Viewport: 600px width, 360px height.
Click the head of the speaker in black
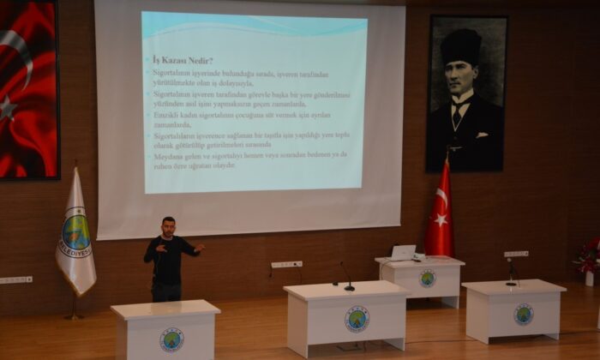[168, 225]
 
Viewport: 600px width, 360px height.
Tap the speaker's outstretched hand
[200, 249]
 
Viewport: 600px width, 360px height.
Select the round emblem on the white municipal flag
[75, 232]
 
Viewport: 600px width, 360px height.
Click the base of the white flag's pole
[74, 316]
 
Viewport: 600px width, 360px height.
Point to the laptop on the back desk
[402, 253]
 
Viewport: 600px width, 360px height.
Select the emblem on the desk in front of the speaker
[171, 340]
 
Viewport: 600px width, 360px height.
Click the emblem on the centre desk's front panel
[357, 320]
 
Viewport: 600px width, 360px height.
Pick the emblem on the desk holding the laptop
[427, 279]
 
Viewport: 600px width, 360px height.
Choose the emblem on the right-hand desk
[523, 315]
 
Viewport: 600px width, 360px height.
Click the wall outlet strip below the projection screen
[286, 264]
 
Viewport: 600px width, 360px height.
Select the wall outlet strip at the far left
[15, 279]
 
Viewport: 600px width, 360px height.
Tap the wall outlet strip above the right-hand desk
[516, 254]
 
